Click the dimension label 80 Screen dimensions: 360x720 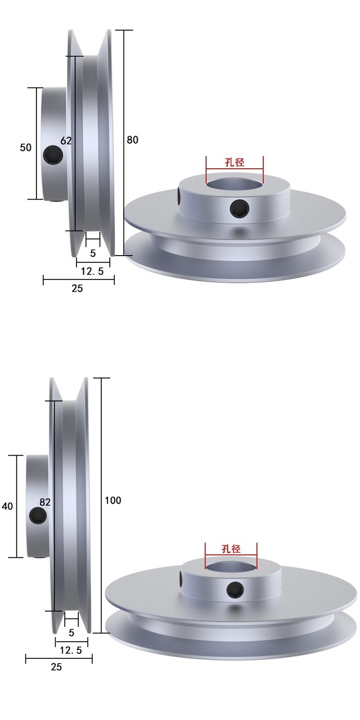coord(133,140)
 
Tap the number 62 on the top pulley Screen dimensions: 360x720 coord(66,141)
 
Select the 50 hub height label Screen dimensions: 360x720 coord(26,148)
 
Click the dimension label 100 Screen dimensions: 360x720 coord(113,500)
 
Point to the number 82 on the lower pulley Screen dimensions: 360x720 coord(45,502)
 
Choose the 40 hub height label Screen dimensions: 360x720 coord(7,506)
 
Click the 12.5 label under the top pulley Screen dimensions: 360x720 coord(92,271)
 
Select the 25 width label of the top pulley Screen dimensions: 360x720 coord(77,288)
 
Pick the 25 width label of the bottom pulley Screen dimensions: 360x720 coord(56,667)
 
